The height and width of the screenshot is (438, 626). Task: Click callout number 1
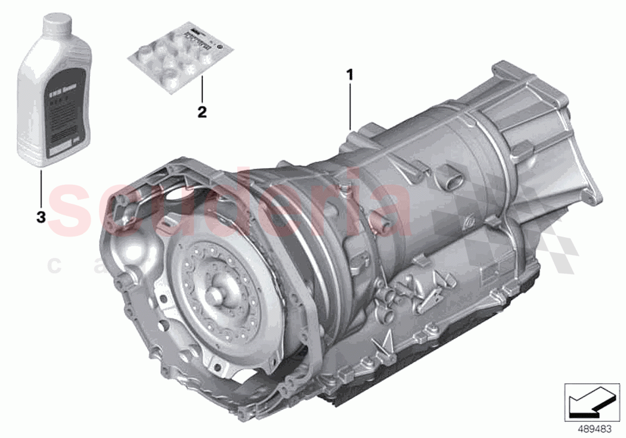click(350, 75)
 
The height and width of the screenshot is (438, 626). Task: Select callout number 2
click(202, 111)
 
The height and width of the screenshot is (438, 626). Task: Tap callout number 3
click(41, 218)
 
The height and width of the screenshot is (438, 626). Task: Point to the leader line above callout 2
click(202, 89)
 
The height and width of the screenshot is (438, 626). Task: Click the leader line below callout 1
click(350, 104)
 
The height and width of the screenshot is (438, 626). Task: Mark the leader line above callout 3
click(41, 188)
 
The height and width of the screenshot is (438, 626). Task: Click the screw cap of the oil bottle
click(48, 24)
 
